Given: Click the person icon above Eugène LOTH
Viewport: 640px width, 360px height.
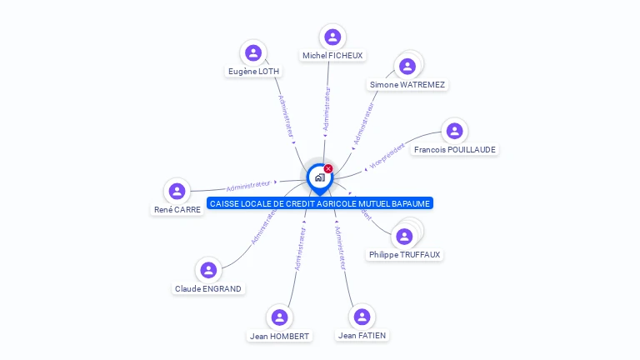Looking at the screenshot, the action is pos(253,52).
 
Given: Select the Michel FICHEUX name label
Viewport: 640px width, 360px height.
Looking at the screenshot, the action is pos(332,55).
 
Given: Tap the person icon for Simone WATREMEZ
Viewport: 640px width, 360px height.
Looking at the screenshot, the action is pos(407,67).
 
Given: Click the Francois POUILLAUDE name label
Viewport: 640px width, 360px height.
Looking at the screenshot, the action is pos(455,150).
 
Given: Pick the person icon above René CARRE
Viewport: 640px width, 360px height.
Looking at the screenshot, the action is pos(177,191).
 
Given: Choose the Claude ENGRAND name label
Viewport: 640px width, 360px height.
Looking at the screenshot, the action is pos(208,289).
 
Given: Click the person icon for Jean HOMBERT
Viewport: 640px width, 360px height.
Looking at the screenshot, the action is pos(279,317).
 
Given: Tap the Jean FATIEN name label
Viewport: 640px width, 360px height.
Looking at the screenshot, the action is pos(362,335).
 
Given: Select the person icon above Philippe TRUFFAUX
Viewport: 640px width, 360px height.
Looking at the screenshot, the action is pos(404,237).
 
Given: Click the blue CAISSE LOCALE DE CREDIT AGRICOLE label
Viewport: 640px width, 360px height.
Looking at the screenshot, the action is pos(321,203).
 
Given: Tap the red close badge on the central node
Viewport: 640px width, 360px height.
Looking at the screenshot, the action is pos(328,168).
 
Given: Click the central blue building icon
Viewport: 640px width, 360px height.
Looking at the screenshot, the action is pos(319,177).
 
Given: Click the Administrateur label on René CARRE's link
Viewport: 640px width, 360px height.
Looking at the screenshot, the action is pos(248,185).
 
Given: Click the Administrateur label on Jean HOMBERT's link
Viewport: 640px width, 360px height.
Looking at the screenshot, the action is pos(301,248).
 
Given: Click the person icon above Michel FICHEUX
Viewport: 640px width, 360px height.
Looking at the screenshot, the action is pos(332,37).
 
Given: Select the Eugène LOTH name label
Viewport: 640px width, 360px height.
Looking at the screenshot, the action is pos(253,72).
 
